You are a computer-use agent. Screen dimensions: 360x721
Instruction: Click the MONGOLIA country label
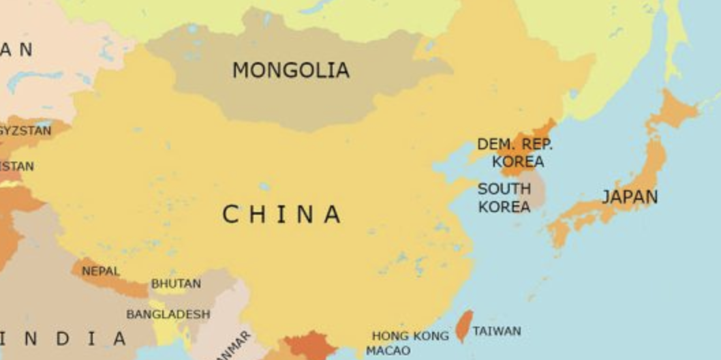coord(291,70)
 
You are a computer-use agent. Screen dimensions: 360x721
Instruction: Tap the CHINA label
coord(281,215)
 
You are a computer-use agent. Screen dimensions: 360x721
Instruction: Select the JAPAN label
coord(630,197)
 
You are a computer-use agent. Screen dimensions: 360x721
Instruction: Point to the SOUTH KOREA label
coord(504,198)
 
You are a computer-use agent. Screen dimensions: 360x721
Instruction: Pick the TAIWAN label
coord(497,331)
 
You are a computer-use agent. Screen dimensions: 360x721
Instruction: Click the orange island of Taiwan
coord(464,326)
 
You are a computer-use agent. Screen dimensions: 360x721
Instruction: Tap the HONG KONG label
coord(410,335)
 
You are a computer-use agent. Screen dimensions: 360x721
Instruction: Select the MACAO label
coord(388,351)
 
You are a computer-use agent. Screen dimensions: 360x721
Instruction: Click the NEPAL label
coord(101,271)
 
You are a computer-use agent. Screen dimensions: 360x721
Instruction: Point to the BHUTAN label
coord(176,284)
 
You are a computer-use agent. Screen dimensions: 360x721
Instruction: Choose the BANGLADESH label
coord(168,314)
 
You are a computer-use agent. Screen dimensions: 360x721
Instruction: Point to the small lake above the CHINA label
coord(264,186)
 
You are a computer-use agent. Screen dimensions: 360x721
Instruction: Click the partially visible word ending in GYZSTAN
coord(26,130)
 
